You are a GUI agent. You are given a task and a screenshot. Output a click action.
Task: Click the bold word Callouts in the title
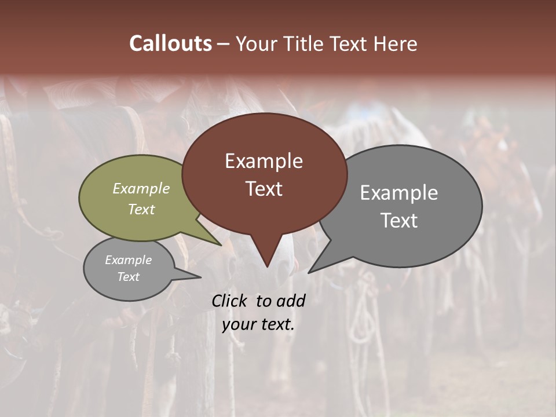coord(170,43)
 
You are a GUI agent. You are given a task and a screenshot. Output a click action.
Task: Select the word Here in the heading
coord(394,43)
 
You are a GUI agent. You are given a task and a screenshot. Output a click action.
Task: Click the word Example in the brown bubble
coord(264,161)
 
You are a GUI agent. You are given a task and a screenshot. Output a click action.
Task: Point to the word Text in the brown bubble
coord(264,189)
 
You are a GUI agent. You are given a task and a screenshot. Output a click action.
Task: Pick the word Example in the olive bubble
coord(141,188)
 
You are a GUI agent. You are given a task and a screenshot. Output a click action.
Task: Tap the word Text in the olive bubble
coord(141,209)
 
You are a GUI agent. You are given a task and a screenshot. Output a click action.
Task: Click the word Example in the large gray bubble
coord(399,193)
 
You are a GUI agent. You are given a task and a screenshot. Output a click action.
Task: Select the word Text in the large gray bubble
coord(399,221)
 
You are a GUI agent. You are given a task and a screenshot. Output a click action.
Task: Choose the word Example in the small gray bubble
coord(128,260)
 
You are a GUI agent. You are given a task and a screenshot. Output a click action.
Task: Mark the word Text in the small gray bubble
coord(128,277)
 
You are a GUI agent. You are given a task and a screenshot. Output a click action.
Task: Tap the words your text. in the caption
coord(258,324)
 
